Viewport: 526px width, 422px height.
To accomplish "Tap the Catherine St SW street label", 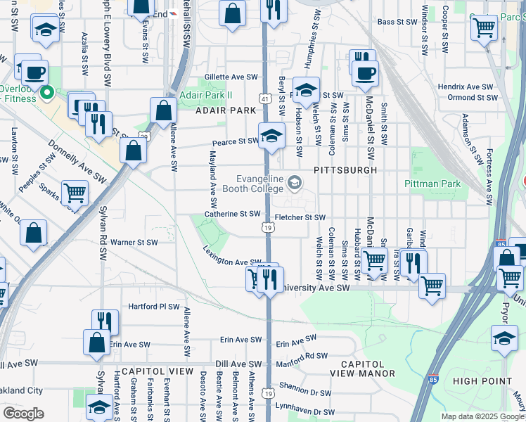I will coord(232,214).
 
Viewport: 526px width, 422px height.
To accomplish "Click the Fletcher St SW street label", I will coord(300,218).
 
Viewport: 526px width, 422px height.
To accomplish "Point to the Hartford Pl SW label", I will coord(154,307).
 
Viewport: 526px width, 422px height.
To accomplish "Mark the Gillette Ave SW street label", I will coord(231,77).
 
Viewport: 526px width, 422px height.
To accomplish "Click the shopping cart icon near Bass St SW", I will coord(484,28).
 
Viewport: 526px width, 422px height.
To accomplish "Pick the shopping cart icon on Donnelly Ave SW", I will coord(75,192).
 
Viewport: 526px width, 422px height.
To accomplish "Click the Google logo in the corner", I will coord(23,414).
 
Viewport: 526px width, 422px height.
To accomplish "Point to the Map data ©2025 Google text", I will coord(482,416).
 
